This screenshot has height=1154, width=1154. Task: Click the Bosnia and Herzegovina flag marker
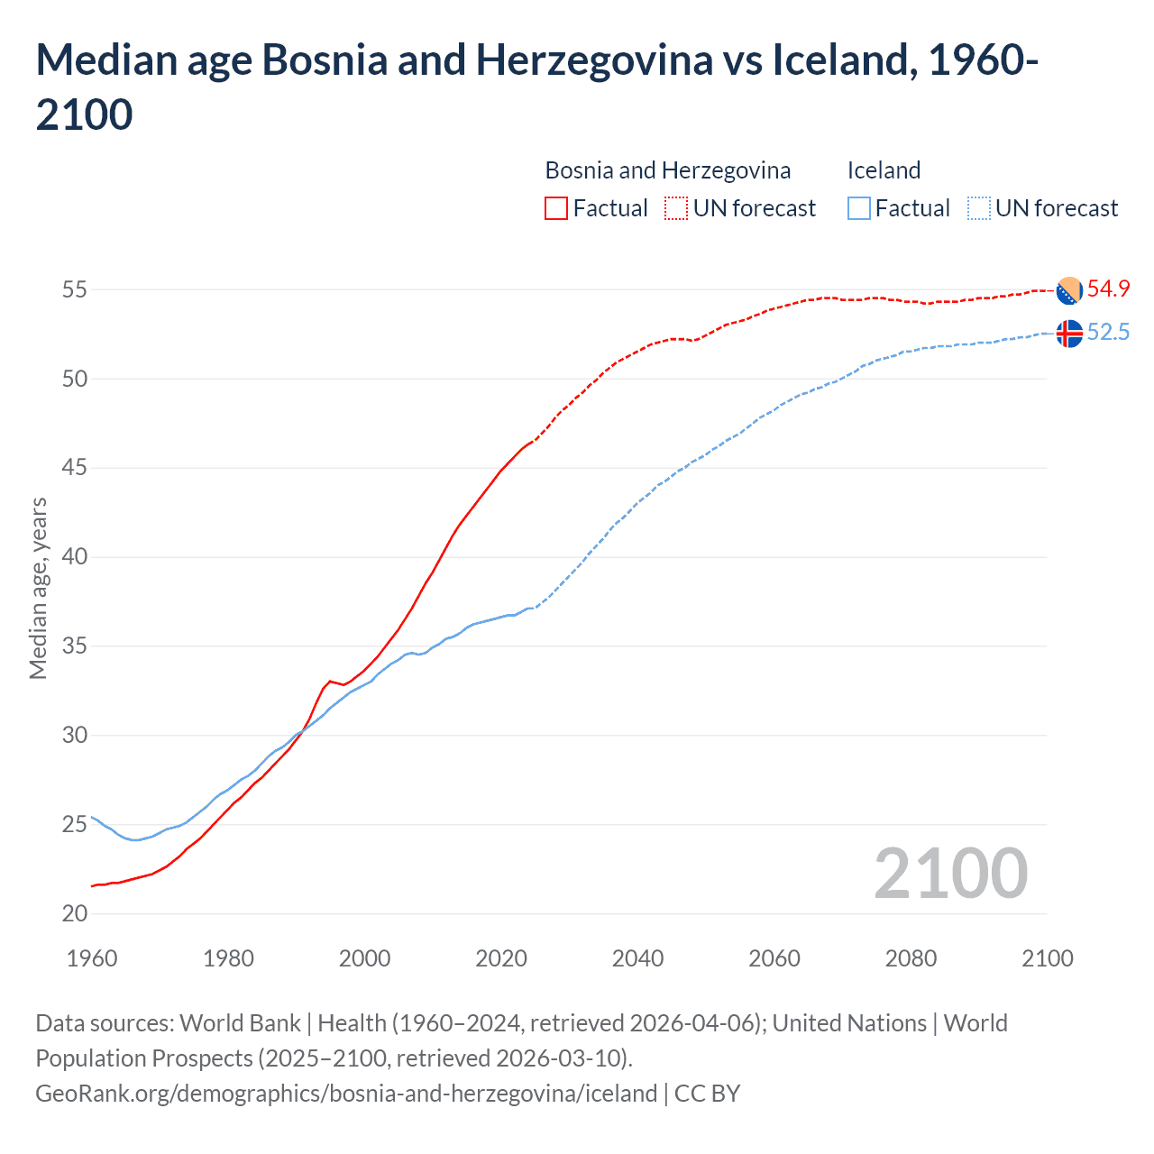[x=1069, y=290]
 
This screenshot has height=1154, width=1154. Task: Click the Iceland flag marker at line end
[x=1069, y=334]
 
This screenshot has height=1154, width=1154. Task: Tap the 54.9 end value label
[x=1108, y=289]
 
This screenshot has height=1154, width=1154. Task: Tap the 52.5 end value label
[x=1108, y=333]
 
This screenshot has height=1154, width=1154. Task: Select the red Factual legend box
[x=556, y=208]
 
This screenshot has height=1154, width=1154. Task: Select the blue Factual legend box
[x=859, y=208]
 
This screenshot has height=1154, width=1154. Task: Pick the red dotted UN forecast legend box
[x=676, y=208]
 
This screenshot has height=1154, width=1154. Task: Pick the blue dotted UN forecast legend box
[x=979, y=208]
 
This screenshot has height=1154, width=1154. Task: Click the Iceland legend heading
[x=884, y=170]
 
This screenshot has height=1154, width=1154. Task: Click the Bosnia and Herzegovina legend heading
[x=667, y=170]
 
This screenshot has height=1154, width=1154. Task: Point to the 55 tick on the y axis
[x=75, y=290]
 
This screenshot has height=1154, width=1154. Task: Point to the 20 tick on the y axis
[x=75, y=913]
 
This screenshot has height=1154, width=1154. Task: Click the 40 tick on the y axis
[x=75, y=557]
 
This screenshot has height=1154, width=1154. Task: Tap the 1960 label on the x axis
[x=92, y=958]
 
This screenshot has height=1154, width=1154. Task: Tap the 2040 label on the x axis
[x=637, y=958]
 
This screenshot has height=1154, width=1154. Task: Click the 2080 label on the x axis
[x=911, y=958]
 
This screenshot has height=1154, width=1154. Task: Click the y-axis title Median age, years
[x=38, y=588]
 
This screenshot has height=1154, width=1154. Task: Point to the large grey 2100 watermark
[x=951, y=873]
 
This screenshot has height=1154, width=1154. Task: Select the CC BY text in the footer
[x=707, y=1094]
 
